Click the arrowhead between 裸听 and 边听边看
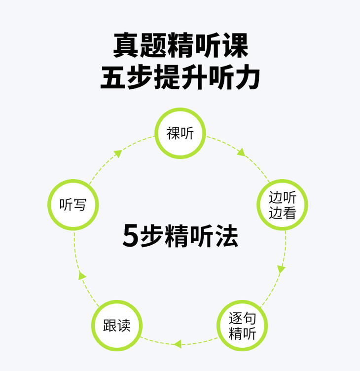click(241, 152)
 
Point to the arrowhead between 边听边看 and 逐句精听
click(281, 269)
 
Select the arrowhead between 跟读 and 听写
click(82, 276)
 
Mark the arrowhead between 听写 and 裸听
click(118, 154)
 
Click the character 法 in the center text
click(226, 236)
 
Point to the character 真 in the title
click(126, 45)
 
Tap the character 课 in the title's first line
click(235, 45)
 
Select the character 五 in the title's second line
click(113, 77)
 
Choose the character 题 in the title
click(153, 45)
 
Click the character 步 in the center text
click(151, 236)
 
